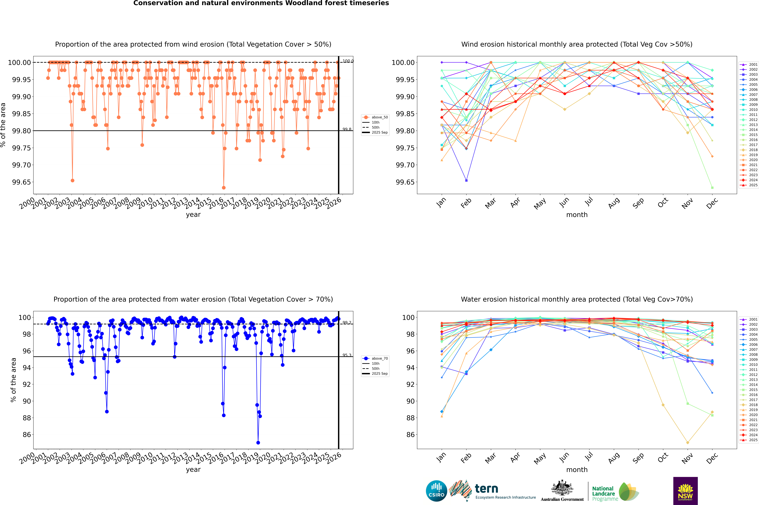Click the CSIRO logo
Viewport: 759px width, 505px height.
436,491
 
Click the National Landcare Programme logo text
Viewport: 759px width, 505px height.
603,493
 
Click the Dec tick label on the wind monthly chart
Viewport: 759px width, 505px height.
712,204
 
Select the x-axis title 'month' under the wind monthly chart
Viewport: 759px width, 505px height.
577,215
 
